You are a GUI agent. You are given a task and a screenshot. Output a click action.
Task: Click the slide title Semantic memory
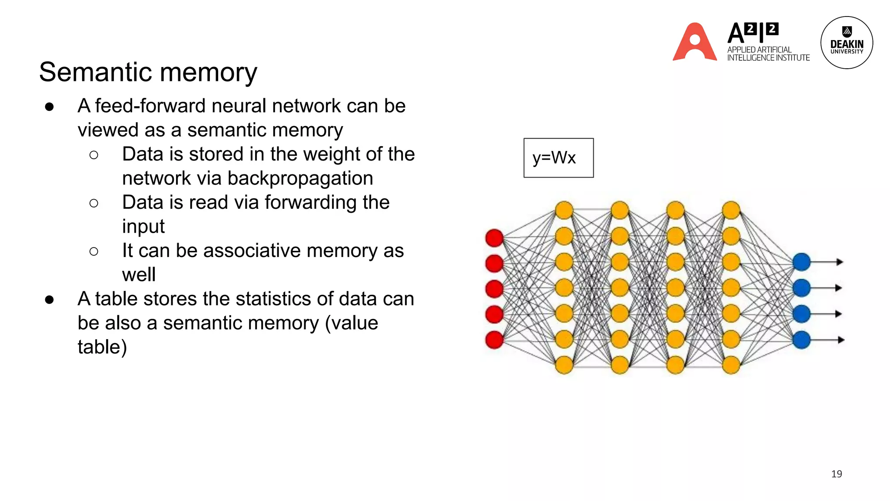[x=148, y=72]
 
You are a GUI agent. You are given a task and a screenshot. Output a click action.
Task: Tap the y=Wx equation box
[x=558, y=158]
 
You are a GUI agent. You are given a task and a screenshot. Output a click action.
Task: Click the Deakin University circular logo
[x=846, y=43]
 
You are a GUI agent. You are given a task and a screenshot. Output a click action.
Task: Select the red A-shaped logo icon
[x=694, y=43]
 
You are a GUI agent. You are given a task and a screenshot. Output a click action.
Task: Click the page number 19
[x=836, y=474]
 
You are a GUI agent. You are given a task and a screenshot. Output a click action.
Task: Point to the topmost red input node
[x=494, y=238]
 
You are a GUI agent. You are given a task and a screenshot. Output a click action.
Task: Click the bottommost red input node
[x=494, y=340]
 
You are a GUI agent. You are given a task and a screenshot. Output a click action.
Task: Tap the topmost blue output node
[x=801, y=262]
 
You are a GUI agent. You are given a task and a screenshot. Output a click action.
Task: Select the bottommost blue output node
[x=801, y=340]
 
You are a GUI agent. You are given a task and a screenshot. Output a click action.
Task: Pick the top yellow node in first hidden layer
[x=564, y=210]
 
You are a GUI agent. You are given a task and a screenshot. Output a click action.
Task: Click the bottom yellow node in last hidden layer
[x=731, y=365]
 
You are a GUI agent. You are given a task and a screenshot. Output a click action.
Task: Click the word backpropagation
[x=300, y=178]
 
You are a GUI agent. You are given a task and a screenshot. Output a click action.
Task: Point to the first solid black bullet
[x=49, y=107]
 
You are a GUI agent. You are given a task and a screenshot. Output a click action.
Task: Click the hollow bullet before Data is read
[x=93, y=203]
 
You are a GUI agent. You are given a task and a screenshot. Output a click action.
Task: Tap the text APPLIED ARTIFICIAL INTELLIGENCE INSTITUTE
[x=768, y=53]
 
